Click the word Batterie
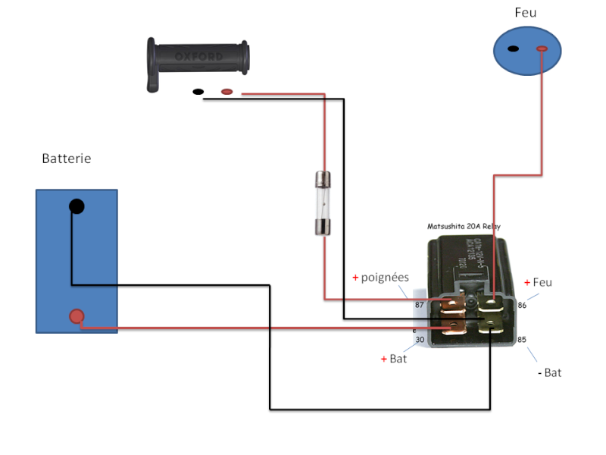click(x=67, y=159)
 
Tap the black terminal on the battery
click(x=77, y=206)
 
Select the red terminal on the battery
click(x=77, y=316)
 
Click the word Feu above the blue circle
click(x=525, y=13)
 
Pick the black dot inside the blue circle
click(x=513, y=49)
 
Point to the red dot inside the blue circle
click(x=542, y=49)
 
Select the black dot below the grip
click(x=198, y=92)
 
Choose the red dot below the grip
click(x=226, y=92)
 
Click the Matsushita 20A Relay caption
click(x=464, y=226)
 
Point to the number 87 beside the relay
click(x=419, y=305)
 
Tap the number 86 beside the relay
click(x=522, y=305)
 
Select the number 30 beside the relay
click(x=420, y=340)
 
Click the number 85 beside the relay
click(x=522, y=340)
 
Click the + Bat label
click(x=394, y=359)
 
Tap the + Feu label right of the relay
click(x=538, y=282)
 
